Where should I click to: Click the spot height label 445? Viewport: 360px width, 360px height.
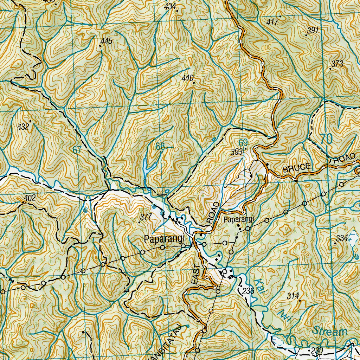[x=106, y=41]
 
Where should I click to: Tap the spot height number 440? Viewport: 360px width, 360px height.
[x=188, y=78]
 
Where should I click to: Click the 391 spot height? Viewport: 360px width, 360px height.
[x=313, y=31]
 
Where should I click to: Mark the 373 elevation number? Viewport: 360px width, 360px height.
[x=337, y=64]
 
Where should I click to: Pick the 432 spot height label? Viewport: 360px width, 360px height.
[x=23, y=127]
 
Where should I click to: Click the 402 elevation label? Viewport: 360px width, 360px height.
[x=30, y=198]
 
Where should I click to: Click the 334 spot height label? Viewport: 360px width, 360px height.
[x=341, y=238]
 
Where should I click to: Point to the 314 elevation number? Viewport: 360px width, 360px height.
[x=292, y=296]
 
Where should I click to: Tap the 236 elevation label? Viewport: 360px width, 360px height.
[x=248, y=290]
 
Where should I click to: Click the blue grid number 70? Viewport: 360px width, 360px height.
[x=326, y=139]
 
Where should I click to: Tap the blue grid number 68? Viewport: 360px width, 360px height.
[x=160, y=147]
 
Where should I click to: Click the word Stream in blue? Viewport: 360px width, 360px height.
[x=330, y=331]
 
